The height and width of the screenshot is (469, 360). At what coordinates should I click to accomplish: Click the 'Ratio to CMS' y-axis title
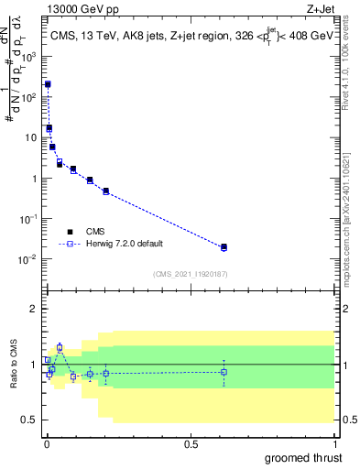[14, 365]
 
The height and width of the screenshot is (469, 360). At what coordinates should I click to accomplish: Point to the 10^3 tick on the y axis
[29, 56]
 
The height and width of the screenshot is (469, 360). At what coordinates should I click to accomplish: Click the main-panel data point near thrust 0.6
[224, 247]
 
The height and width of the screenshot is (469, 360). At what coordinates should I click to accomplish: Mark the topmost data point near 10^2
[48, 84]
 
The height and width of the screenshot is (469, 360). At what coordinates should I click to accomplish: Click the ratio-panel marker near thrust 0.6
[224, 372]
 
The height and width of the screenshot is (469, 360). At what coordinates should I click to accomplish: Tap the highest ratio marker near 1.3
[60, 347]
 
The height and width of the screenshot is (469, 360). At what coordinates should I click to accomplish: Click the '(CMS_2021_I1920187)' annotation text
[190, 273]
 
